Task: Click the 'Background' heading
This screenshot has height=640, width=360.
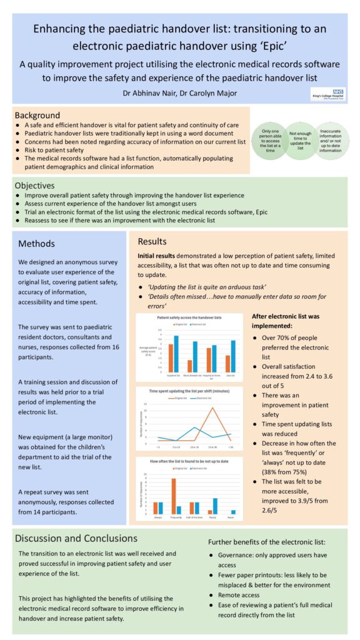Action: pos(37,116)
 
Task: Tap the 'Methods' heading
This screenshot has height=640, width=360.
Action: pos(37,244)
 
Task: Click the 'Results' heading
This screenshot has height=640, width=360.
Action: pos(152,241)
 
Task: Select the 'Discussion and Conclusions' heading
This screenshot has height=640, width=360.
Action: pos(76,538)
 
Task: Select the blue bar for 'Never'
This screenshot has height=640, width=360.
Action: pos(233,512)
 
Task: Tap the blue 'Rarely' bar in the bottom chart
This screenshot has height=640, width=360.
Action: pos(215,506)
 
